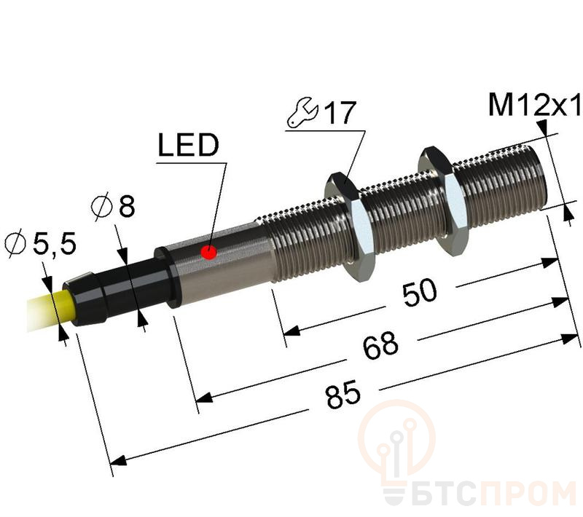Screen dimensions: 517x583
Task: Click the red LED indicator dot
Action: [209, 253]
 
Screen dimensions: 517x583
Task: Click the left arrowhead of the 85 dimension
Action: [117, 460]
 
